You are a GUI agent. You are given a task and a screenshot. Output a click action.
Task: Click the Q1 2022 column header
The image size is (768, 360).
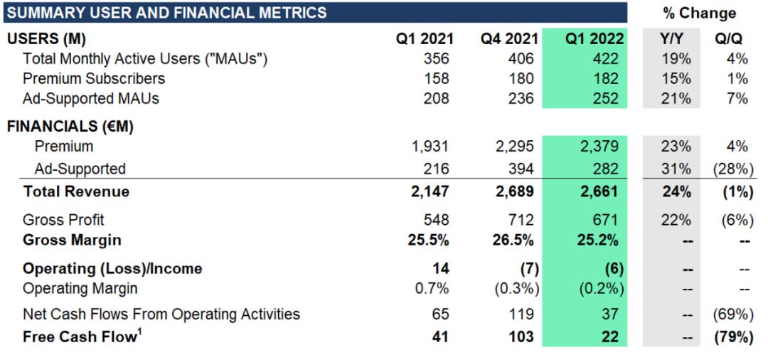[x=594, y=39]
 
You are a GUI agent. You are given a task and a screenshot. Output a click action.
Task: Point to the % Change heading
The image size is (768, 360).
[x=699, y=13]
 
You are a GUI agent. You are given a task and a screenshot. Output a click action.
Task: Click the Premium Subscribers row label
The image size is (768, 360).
[x=94, y=78]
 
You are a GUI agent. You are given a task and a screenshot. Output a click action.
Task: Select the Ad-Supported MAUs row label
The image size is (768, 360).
[x=91, y=98]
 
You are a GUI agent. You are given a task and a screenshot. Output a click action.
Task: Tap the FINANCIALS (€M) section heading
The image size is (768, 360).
[x=70, y=127]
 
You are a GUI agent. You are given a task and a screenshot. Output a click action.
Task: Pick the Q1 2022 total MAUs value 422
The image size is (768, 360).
[x=606, y=59]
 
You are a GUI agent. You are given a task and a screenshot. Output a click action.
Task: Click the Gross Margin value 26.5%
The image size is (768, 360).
[x=513, y=240]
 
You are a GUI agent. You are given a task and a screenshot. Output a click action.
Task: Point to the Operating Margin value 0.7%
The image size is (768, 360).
[x=433, y=288]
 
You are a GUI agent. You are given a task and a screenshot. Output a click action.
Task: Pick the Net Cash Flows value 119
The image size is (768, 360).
[x=521, y=314]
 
